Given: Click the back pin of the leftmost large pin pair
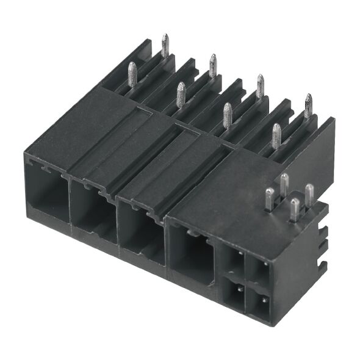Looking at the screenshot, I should point(165,46).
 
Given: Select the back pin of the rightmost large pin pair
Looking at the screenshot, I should point(308,105).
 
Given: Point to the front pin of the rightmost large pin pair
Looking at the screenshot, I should point(276,135).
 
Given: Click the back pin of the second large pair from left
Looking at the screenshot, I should point(212,65).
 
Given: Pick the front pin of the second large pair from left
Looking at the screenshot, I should point(181,95).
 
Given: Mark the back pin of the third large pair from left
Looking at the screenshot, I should point(261,85).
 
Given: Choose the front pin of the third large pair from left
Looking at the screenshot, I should point(228,115).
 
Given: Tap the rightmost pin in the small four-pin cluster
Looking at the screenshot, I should point(309,195).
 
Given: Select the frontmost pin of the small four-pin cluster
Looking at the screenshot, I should point(295,209).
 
